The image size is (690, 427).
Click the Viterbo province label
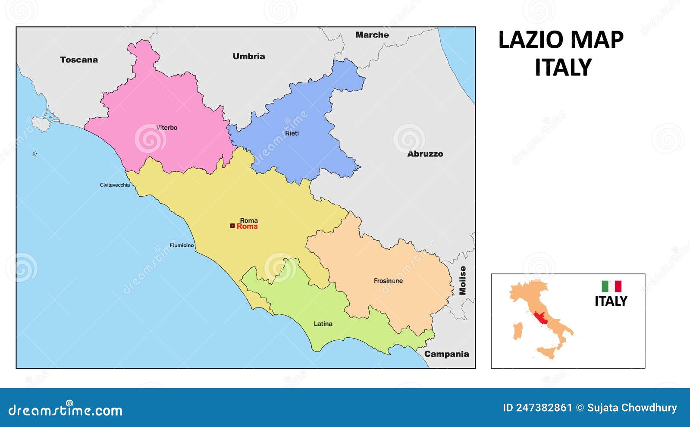click(x=167, y=128)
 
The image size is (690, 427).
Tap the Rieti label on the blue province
click(x=292, y=133)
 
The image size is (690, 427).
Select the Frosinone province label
click(x=388, y=281)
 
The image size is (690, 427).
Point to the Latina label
click(x=323, y=324)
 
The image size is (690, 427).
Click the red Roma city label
click(x=247, y=226)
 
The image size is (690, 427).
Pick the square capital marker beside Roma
click(x=232, y=226)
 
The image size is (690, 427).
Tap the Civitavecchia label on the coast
click(x=115, y=185)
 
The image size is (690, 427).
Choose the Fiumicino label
click(x=182, y=245)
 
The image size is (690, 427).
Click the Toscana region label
click(x=79, y=60)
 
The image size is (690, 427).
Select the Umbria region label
click(x=249, y=57)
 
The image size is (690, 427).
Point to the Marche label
click(x=372, y=35)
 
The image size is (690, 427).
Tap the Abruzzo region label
click(x=425, y=154)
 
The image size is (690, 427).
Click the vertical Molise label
click(x=463, y=280)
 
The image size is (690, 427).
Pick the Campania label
click(x=446, y=354)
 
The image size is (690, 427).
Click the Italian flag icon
click(x=612, y=286)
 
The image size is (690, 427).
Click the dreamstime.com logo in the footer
click(x=65, y=410)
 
